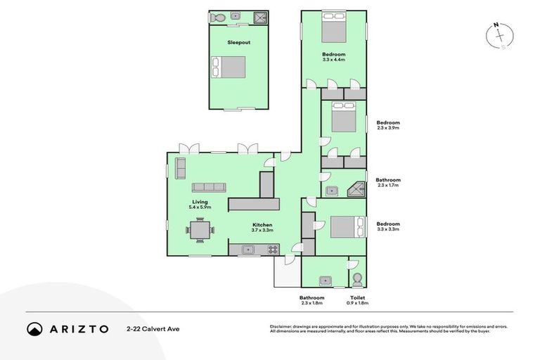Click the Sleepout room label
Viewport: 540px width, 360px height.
pos(238,42)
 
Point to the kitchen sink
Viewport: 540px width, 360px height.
pos(248,249)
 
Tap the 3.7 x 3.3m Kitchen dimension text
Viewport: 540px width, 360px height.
pos(262,230)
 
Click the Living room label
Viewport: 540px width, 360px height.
pos(200,202)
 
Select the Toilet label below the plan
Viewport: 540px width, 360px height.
pos(357,298)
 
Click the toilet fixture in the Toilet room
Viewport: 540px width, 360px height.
pos(357,280)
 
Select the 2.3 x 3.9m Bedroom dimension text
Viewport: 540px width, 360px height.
pos(387,128)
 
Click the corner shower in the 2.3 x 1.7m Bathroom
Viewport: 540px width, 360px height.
pos(358,189)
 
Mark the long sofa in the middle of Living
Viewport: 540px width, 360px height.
pos(209,187)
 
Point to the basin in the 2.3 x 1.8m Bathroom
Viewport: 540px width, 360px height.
pos(324,281)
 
